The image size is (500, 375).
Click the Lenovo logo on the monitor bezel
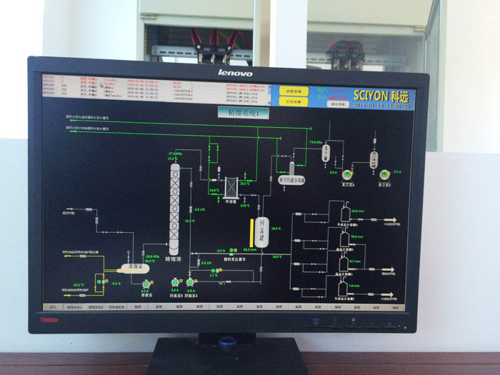coord(235,73)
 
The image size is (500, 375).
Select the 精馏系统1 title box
coord(242,112)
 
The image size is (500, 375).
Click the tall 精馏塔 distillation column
coord(174,206)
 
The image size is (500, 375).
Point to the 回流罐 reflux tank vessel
coord(262,231)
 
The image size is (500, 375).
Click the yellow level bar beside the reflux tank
coord(252,231)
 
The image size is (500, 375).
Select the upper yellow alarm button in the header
coord(294,91)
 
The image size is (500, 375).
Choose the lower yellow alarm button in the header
coord(294,102)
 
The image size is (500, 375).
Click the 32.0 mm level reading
coord(357,211)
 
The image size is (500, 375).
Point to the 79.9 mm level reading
coord(356,236)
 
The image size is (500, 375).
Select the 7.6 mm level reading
coord(354,286)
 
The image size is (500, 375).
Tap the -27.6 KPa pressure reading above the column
coord(175,154)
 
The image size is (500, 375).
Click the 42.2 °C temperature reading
coord(79,284)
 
